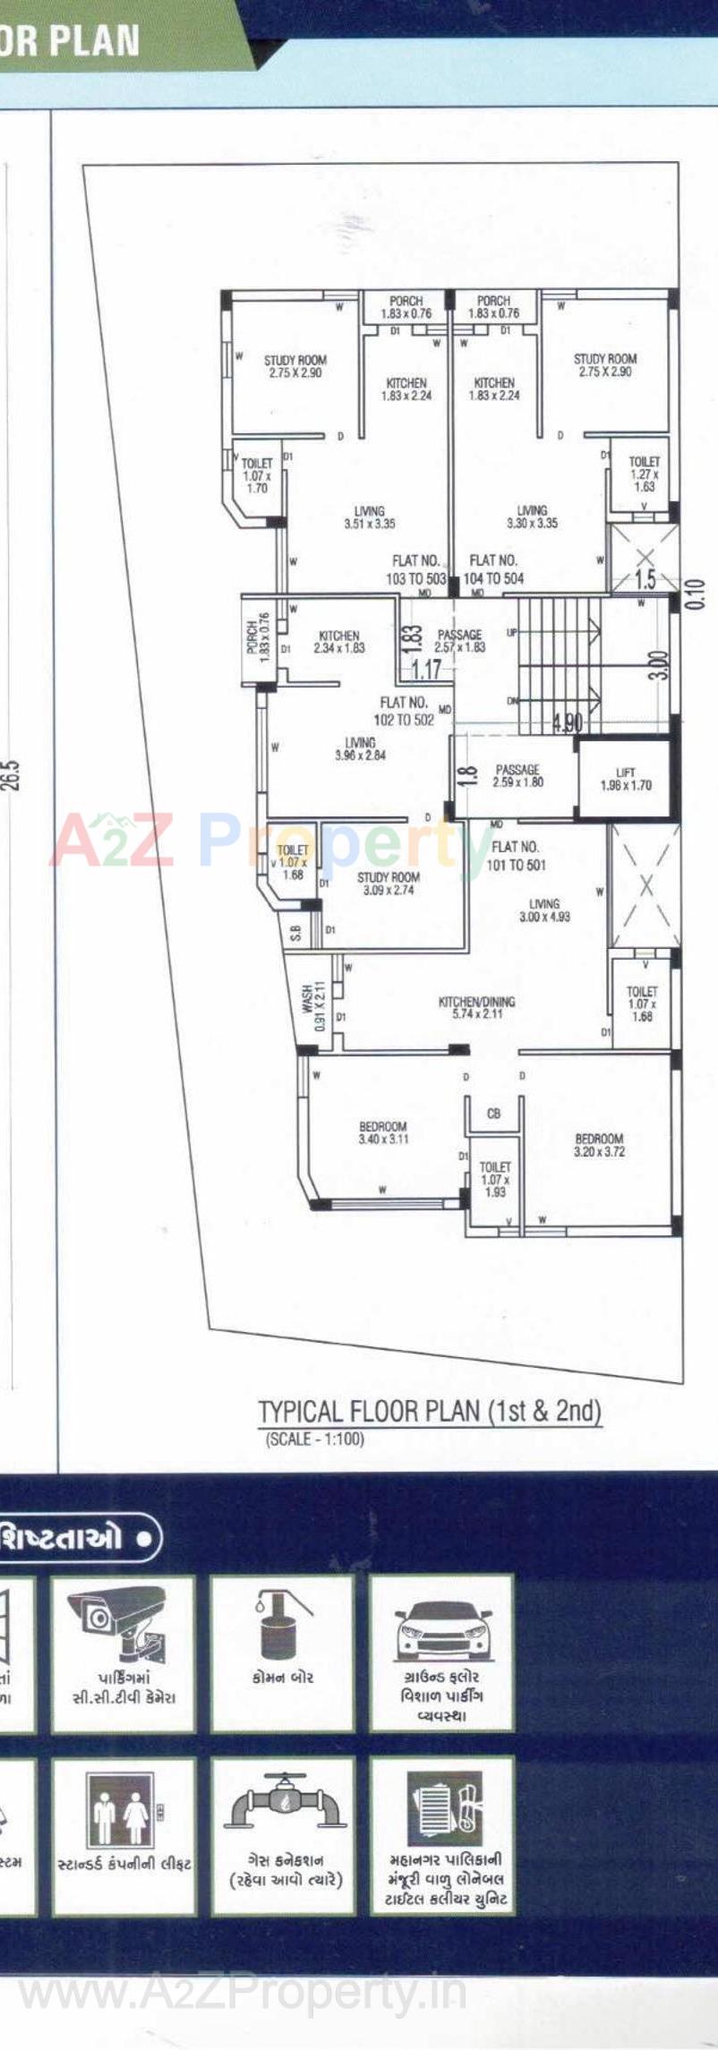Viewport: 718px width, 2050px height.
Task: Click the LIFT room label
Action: pyautogui.click(x=626, y=779)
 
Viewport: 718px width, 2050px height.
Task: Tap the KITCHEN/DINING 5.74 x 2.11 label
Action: pyautogui.click(x=476, y=1008)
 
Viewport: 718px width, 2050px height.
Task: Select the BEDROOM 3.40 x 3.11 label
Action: pyautogui.click(x=383, y=1132)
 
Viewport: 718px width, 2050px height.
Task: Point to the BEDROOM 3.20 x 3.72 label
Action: pyautogui.click(x=599, y=1145)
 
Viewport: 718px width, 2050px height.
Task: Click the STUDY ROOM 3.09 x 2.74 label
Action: pyautogui.click(x=388, y=884)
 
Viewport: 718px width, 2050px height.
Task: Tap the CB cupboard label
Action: pyautogui.click(x=493, y=1114)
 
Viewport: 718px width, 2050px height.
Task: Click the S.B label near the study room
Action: pyautogui.click(x=295, y=933)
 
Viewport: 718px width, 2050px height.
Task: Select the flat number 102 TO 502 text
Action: pyautogui.click(x=404, y=711)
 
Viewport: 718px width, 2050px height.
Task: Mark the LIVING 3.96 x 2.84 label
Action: pyautogui.click(x=360, y=748)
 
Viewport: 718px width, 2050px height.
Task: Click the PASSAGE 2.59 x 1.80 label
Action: pyautogui.click(x=517, y=775)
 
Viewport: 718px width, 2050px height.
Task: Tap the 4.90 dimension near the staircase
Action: pyautogui.click(x=568, y=722)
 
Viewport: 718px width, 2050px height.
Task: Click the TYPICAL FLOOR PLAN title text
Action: pyautogui.click(x=429, y=1412)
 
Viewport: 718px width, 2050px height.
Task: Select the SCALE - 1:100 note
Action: pyautogui.click(x=315, y=1439)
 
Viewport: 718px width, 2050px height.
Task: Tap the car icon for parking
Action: pyautogui.click(x=442, y=1630)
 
